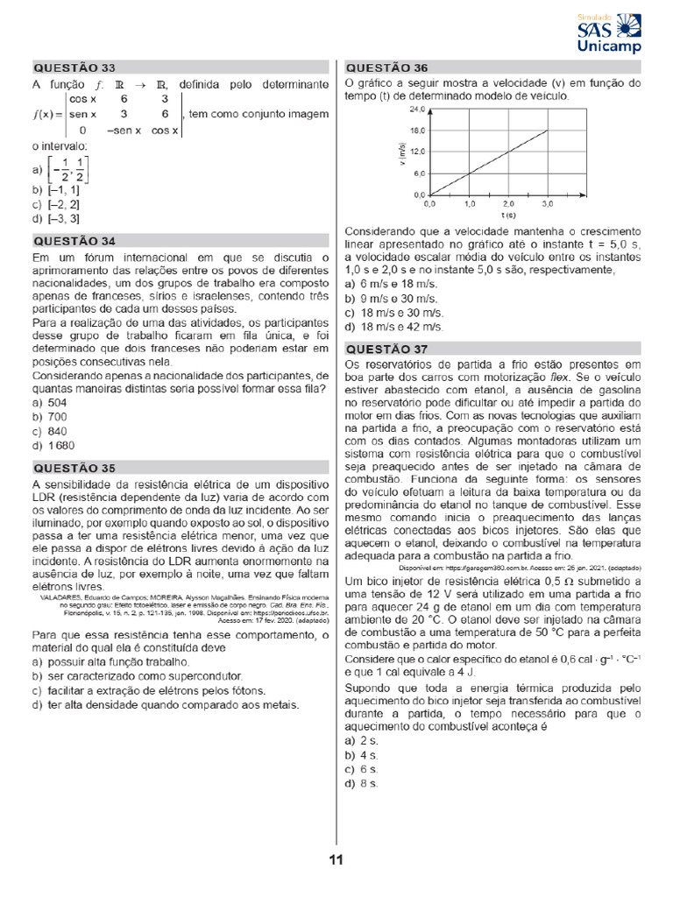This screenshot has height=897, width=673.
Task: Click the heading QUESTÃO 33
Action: tap(74, 67)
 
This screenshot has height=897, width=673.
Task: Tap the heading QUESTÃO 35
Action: tap(74, 468)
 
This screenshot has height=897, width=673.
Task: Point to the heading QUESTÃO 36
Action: tap(386, 67)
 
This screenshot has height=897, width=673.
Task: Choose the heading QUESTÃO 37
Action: tap(386, 349)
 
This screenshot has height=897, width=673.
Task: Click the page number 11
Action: tap(336, 860)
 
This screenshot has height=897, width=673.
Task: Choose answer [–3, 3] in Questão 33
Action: tap(63, 218)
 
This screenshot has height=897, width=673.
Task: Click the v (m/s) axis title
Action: tap(401, 152)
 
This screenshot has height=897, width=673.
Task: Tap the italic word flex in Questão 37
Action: tap(549, 378)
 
